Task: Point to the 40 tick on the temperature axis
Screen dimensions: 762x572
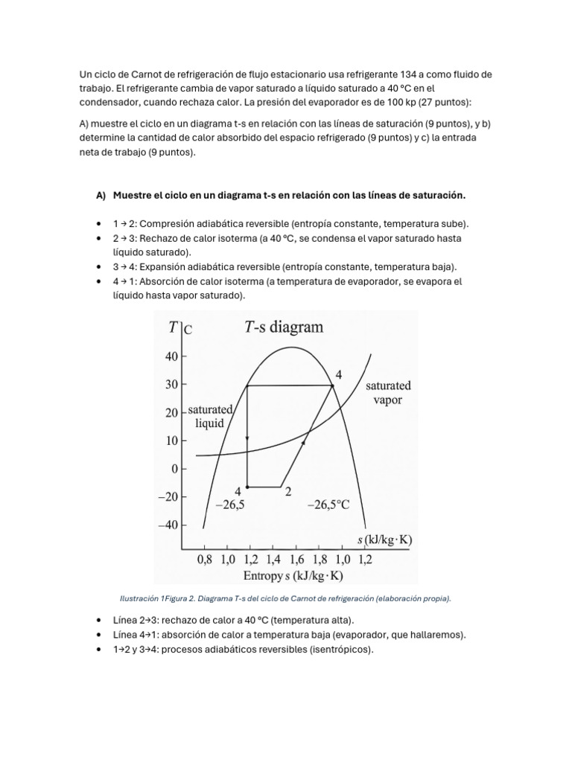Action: (172, 356)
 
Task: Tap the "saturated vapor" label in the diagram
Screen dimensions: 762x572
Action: (388, 393)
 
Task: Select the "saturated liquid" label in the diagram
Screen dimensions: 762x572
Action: (210, 417)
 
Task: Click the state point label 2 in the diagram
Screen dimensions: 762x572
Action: (287, 491)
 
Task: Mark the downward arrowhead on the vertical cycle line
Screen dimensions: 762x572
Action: (247, 438)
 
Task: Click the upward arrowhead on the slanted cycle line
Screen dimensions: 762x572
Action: (304, 443)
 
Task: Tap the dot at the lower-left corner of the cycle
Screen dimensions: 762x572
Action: (247, 487)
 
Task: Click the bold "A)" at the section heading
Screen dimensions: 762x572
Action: (101, 195)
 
